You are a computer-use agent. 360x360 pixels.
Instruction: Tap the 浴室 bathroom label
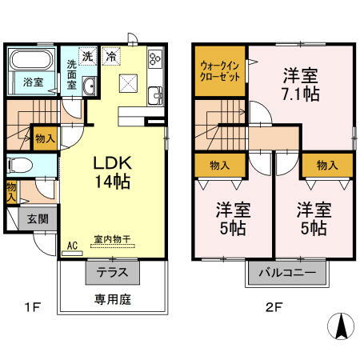33,82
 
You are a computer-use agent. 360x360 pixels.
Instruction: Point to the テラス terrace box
113,271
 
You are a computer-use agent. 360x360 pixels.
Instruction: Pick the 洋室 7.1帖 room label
298,83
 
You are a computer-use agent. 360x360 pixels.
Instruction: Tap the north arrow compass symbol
341,326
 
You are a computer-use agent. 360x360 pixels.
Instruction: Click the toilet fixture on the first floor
21,166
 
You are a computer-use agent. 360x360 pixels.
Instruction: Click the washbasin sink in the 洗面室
89,87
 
